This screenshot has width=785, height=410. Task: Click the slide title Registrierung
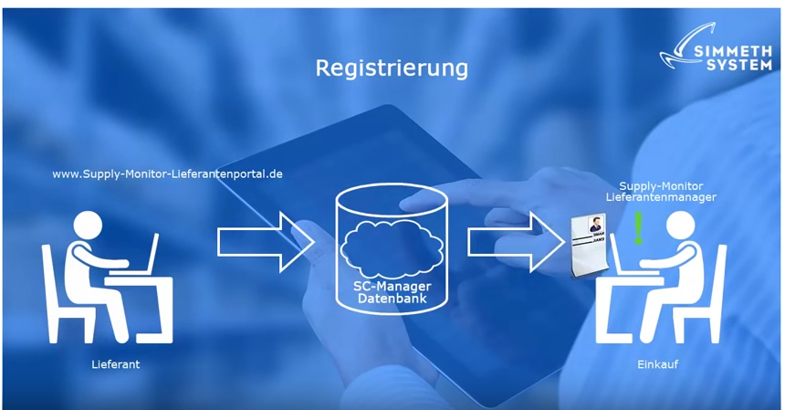[392, 68]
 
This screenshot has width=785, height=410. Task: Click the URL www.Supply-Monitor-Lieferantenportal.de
[167, 173]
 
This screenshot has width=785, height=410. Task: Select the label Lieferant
[116, 364]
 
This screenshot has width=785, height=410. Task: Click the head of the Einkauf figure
[680, 228]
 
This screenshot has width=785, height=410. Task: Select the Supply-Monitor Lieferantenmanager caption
[661, 191]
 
